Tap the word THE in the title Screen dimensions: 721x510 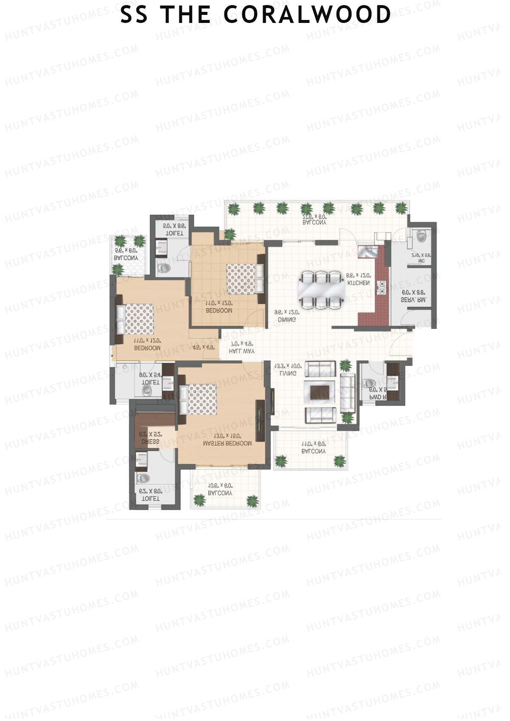coord(185,15)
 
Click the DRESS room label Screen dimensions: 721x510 coord(150,442)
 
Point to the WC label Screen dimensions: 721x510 coord(421,261)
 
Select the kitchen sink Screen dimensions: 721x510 coord(366,252)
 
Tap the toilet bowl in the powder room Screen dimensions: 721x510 coord(368,383)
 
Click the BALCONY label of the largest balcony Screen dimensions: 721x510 coord(314,222)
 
